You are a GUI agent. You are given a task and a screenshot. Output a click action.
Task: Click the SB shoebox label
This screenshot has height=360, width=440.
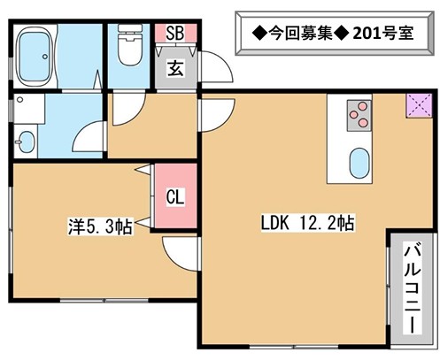[x=175, y=33]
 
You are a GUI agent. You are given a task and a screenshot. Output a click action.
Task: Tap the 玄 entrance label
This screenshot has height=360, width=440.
[x=175, y=69]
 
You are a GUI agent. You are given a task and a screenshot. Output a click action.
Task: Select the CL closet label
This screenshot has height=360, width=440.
[x=175, y=196]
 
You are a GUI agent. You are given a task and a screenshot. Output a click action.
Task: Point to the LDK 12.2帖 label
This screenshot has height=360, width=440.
[x=308, y=223]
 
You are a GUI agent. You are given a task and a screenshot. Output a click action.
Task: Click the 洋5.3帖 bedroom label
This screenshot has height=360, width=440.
[x=100, y=226]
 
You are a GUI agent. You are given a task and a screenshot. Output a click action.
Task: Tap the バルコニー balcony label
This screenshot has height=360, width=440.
[x=413, y=287]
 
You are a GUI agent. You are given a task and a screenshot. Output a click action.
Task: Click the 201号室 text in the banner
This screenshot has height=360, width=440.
[x=383, y=33]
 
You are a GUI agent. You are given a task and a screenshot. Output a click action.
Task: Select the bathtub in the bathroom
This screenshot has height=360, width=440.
[x=35, y=57]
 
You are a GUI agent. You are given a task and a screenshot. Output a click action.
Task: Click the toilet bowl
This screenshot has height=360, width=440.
[x=129, y=50]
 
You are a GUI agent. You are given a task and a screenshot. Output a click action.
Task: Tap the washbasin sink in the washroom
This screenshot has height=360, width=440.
[x=27, y=142]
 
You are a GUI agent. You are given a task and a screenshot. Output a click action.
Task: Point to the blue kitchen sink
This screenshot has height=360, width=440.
[x=359, y=163]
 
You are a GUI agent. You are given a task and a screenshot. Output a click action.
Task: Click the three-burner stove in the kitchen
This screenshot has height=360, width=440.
[x=359, y=115]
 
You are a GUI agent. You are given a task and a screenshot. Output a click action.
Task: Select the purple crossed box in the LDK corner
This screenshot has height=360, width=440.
[x=419, y=105]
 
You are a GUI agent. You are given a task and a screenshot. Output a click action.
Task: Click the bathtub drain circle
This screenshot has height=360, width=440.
[x=45, y=57]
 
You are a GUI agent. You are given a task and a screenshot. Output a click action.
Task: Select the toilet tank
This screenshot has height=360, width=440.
[x=130, y=29]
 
